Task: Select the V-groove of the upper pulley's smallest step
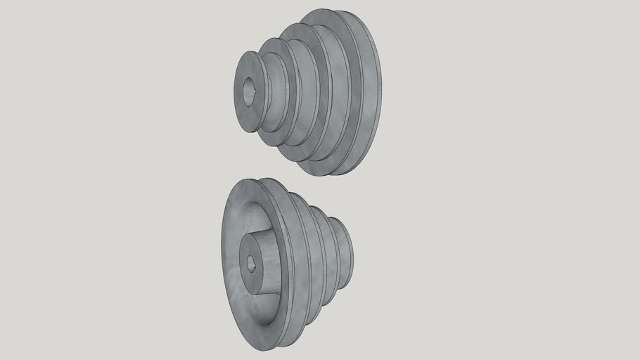coord(267,91)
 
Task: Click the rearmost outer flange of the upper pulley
coord(373,91)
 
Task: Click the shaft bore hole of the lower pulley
coord(251,264)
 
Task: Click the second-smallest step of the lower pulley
coord(328,253)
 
